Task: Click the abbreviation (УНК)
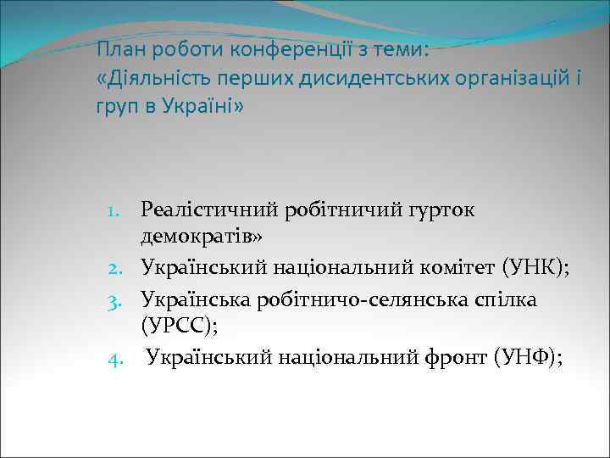(x=536, y=270)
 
